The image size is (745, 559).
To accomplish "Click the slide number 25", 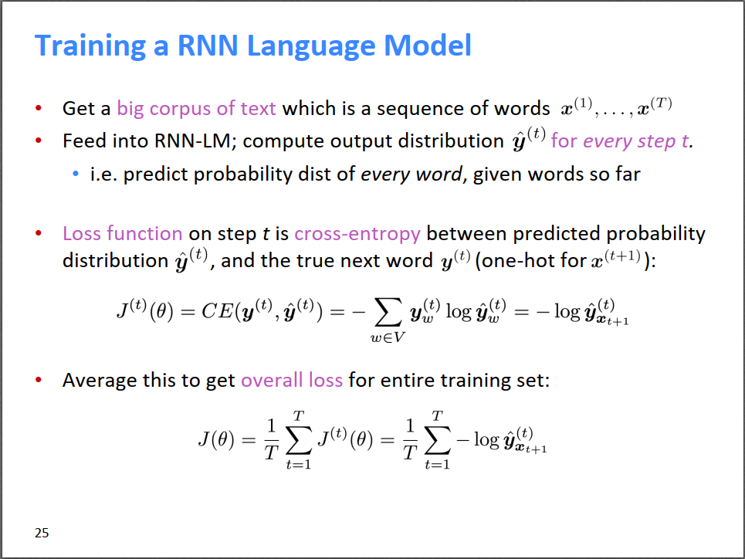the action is pyautogui.click(x=42, y=533).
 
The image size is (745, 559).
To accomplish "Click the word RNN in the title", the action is pyautogui.click(x=207, y=46).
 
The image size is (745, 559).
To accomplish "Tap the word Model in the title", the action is pyautogui.click(x=427, y=46).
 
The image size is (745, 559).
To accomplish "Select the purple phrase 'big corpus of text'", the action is pyautogui.click(x=196, y=109).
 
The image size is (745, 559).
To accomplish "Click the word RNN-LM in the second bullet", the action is pyautogui.click(x=192, y=141).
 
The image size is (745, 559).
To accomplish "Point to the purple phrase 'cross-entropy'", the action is pyautogui.click(x=357, y=234).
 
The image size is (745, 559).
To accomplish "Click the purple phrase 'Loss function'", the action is pyautogui.click(x=123, y=233).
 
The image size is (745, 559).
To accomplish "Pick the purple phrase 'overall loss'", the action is pyautogui.click(x=292, y=381).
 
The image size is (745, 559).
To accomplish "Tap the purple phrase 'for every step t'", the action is pyautogui.click(x=620, y=141).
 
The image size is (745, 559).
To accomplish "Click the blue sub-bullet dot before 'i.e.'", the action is pyautogui.click(x=76, y=174).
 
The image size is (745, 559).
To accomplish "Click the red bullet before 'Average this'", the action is pyautogui.click(x=39, y=380).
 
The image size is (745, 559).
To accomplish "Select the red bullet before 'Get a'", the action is pyautogui.click(x=39, y=108).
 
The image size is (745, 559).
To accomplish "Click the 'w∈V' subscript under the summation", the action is pyautogui.click(x=388, y=337).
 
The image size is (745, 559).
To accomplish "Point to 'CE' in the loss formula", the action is pyautogui.click(x=217, y=312).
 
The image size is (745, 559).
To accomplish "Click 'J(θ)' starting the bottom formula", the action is pyautogui.click(x=216, y=439).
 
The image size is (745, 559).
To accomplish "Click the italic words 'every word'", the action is pyautogui.click(x=411, y=174).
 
